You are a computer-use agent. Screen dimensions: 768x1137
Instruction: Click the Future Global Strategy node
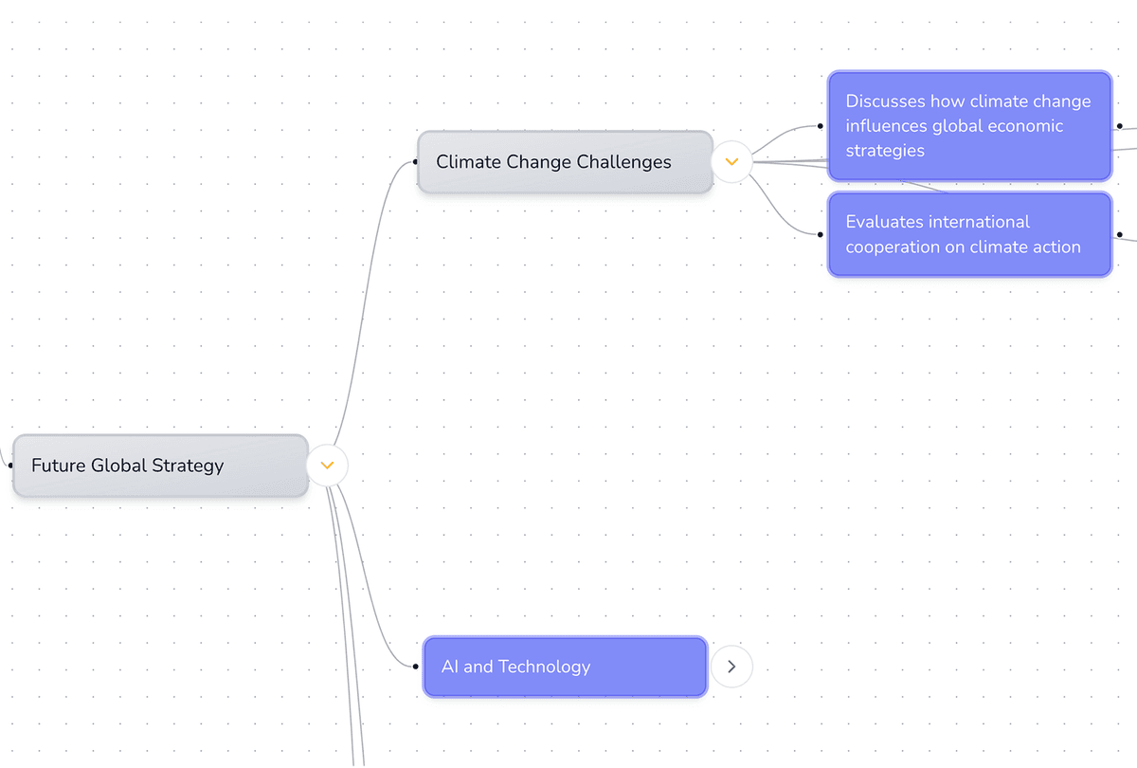(x=159, y=466)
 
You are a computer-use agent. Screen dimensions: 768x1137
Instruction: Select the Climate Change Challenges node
(x=565, y=162)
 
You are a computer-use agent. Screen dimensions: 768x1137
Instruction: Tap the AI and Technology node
(x=565, y=667)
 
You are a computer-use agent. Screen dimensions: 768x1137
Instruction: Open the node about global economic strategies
(x=968, y=126)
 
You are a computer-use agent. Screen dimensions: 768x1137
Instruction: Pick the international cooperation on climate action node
(x=968, y=234)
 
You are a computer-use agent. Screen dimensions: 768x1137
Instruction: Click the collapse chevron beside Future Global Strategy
(x=328, y=466)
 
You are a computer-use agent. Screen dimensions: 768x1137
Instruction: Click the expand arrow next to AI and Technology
(x=731, y=667)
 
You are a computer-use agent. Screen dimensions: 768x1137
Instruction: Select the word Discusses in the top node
(x=886, y=101)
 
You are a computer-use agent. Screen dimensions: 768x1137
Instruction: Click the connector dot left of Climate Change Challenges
(x=415, y=162)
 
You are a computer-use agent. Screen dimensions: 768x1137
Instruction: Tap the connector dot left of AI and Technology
(x=416, y=667)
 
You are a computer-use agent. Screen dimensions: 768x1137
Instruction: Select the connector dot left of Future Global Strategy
(x=10, y=466)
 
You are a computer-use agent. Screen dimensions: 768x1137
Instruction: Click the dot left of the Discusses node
(x=821, y=126)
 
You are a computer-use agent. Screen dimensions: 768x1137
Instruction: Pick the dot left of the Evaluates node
(x=821, y=234)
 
